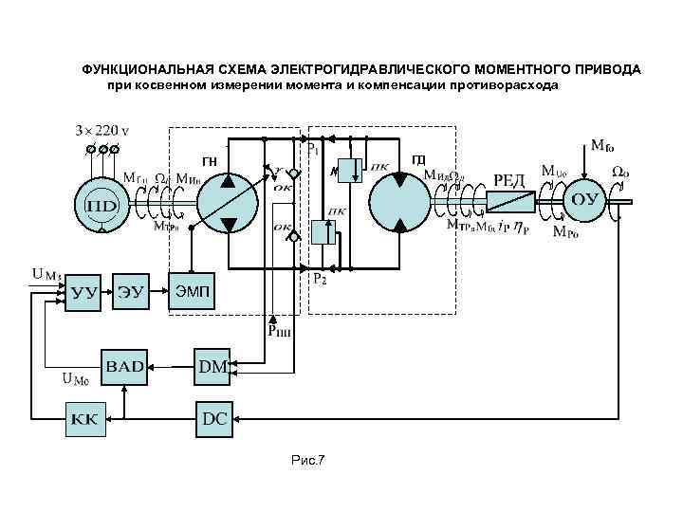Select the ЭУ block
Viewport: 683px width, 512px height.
[132, 291]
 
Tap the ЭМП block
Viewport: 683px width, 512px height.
[194, 290]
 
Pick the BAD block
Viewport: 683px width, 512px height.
[124, 366]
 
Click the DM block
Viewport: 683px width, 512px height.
[213, 366]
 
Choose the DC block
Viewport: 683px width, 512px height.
[214, 417]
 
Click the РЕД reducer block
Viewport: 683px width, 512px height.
[512, 199]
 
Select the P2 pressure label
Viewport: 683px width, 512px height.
[320, 280]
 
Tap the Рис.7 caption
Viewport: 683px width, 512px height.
[308, 461]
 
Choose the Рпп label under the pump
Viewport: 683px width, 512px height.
[279, 331]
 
